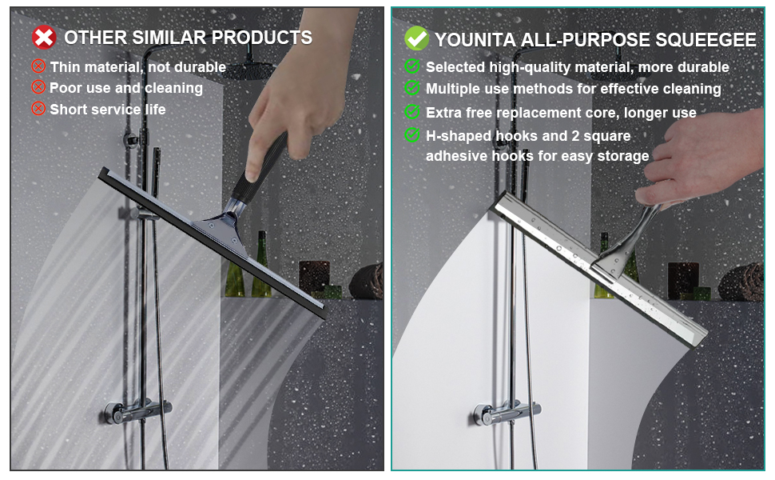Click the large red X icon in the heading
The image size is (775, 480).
coord(43,37)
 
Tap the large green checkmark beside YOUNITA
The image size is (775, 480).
coord(416,38)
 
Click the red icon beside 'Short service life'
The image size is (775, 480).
coord(38,108)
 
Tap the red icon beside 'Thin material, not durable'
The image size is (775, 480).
coord(38,66)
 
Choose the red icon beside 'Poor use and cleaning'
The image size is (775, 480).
coord(38,87)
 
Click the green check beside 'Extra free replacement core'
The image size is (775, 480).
coord(412,112)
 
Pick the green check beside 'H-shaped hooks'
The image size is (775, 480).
coord(412,135)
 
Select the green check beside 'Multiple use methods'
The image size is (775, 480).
coord(412,88)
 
